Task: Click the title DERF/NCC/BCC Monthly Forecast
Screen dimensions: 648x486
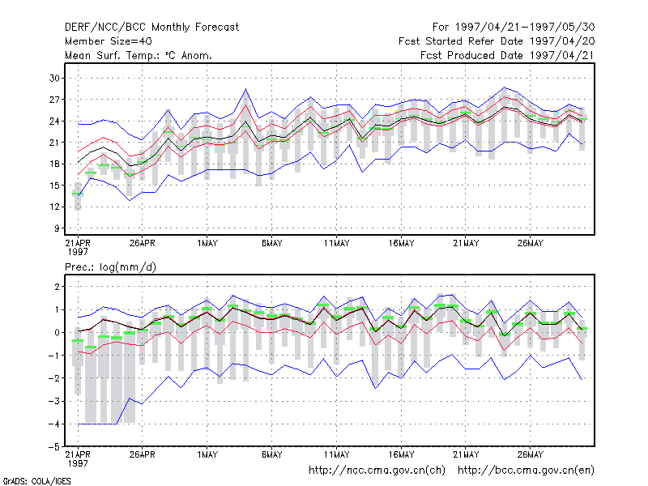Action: (x=151, y=28)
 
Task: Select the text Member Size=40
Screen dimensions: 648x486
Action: (x=109, y=41)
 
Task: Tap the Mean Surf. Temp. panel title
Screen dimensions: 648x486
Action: (x=138, y=55)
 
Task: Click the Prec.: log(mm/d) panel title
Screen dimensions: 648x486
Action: (x=110, y=267)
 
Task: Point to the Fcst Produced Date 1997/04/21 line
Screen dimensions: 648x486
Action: (x=508, y=55)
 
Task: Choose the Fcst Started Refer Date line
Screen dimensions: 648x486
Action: (x=497, y=41)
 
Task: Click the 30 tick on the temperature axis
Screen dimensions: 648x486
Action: (x=54, y=78)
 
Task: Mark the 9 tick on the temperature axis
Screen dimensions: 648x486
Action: (x=57, y=228)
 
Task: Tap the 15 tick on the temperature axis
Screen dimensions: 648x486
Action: (x=54, y=185)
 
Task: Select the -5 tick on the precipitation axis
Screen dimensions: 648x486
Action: (x=54, y=447)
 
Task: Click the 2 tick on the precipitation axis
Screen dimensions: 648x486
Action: (x=57, y=287)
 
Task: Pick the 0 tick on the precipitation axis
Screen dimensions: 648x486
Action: (x=57, y=332)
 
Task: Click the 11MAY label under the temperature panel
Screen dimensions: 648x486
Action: (x=336, y=243)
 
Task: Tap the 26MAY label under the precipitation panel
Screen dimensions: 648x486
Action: (x=531, y=454)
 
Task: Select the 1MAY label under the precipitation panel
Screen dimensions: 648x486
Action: (x=207, y=454)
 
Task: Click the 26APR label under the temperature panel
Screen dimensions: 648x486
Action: (x=143, y=243)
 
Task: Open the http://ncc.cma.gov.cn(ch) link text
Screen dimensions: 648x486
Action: (x=377, y=471)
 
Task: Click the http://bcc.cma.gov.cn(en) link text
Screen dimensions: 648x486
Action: (x=526, y=471)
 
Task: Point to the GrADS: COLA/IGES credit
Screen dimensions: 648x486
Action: (x=37, y=481)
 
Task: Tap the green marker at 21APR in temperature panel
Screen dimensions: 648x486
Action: (x=78, y=194)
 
